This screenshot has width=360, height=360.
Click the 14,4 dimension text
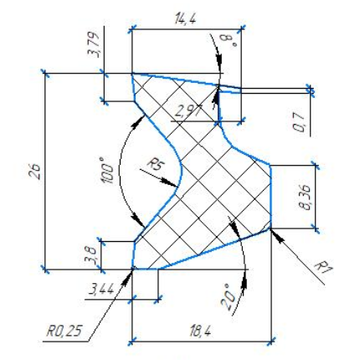tap(185, 19)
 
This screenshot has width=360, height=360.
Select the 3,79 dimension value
tap(95, 45)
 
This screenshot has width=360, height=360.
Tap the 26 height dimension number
tap(35, 171)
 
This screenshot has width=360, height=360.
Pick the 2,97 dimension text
tap(188, 111)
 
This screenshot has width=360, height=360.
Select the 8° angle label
tap(229, 41)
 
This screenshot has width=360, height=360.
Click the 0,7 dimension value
tap(299, 121)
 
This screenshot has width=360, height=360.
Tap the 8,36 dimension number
tap(305, 197)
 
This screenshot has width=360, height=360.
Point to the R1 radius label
tap(324, 268)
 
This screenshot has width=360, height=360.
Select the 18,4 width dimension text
tap(200, 332)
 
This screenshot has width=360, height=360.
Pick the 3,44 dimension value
tap(101, 290)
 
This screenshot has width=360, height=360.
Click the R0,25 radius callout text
tap(64, 332)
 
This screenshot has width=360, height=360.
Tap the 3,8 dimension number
tap(92, 255)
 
